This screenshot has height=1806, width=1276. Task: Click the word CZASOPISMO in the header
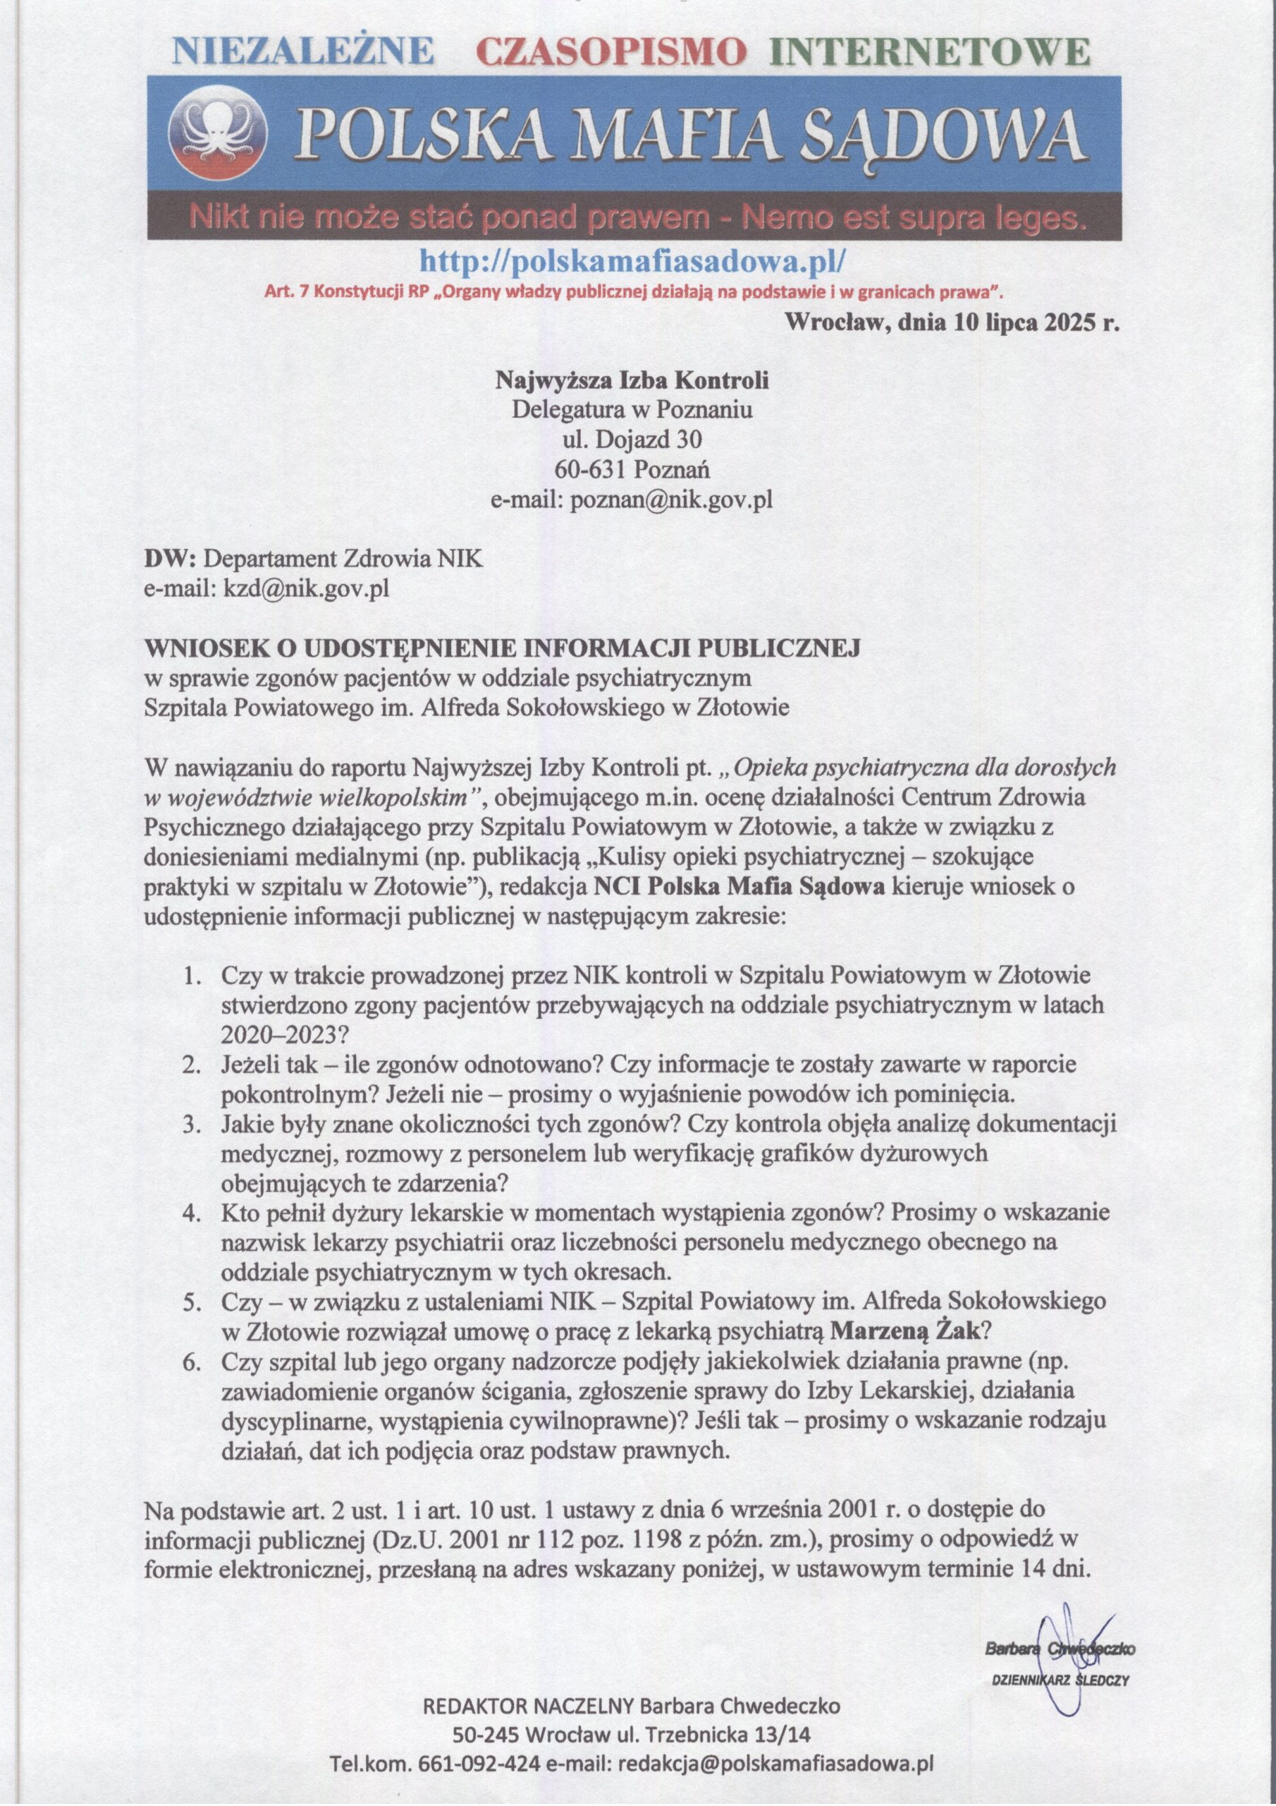[x=612, y=53]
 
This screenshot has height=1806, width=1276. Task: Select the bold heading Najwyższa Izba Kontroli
[x=632, y=381]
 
